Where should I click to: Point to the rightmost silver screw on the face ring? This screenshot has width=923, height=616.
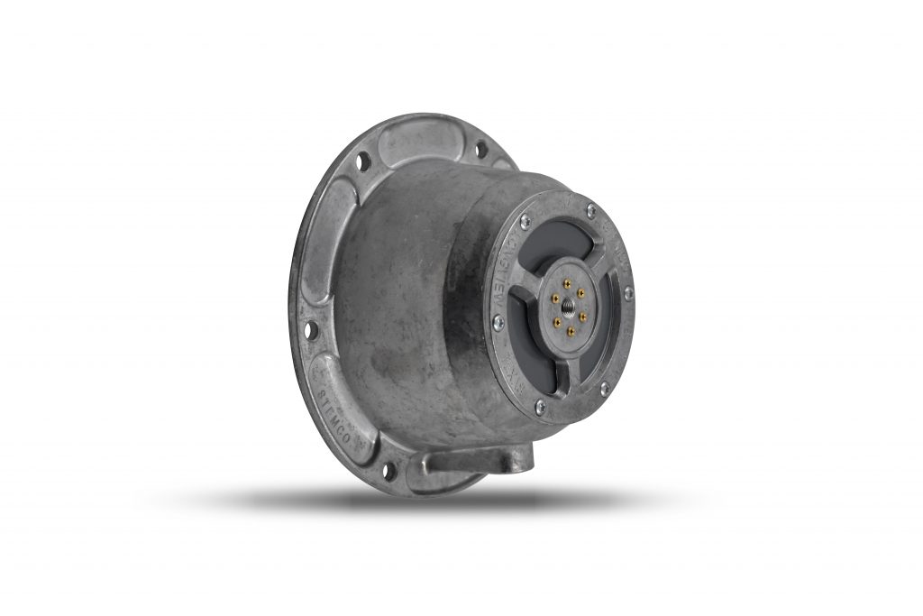627,293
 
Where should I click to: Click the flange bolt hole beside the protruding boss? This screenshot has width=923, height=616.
390,469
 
